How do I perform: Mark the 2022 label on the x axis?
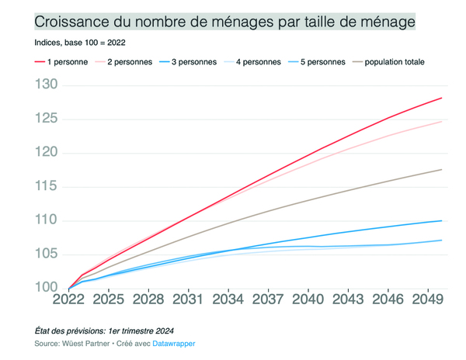(x=68, y=299)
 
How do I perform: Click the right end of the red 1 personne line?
(x=442, y=98)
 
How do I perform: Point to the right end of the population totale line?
(x=442, y=169)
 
